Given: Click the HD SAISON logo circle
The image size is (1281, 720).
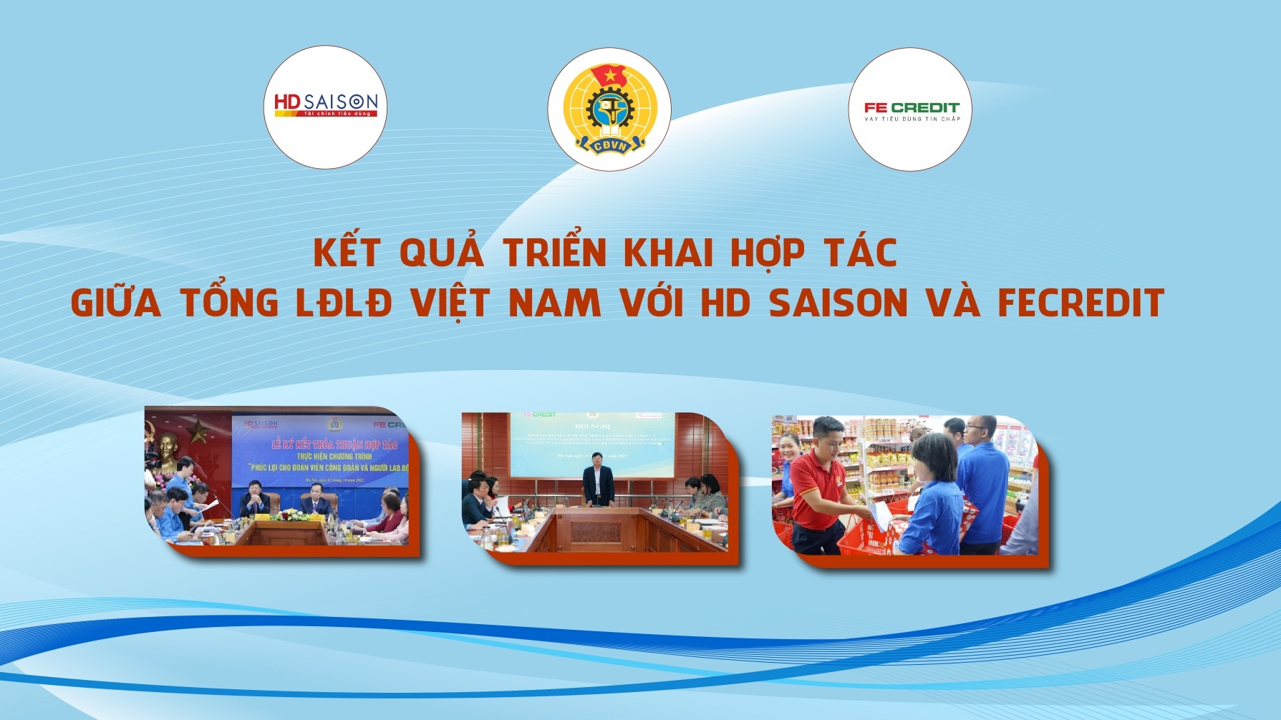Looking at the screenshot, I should click(x=326, y=107).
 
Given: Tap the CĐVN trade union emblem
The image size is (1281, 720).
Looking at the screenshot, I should click(x=609, y=110).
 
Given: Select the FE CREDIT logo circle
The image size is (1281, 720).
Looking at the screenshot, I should click(x=910, y=110).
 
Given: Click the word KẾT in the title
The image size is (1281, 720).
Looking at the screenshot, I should click(x=347, y=253).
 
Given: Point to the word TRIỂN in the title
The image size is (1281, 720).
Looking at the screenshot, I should click(x=555, y=253).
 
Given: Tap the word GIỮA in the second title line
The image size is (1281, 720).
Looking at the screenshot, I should click(x=116, y=303).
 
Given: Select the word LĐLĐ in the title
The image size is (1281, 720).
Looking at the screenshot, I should click(x=344, y=303).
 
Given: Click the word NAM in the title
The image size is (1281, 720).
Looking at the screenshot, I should click(x=555, y=303).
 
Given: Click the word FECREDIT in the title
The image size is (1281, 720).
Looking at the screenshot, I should click(x=1081, y=303).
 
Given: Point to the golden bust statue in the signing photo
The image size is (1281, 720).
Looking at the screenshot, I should click(x=166, y=450).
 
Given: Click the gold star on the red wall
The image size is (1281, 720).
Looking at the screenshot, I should click(x=198, y=430).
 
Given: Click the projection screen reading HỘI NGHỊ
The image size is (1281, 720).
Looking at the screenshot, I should click(x=591, y=444).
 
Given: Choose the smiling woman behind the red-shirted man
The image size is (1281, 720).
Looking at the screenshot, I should click(x=788, y=450).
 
